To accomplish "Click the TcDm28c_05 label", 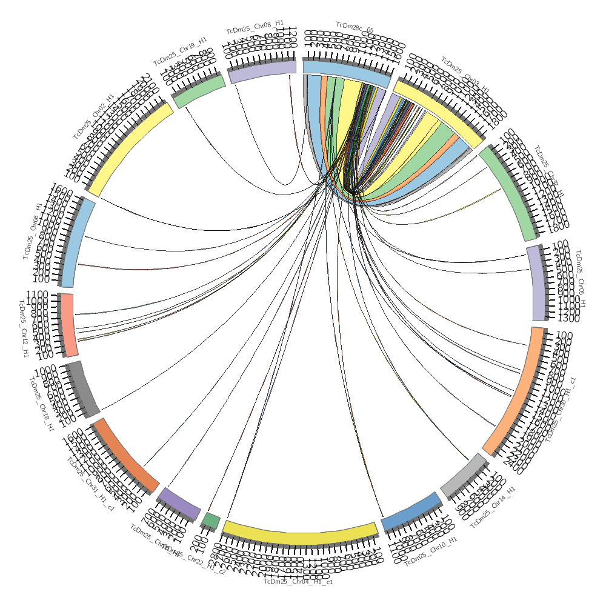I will [x=355, y=27].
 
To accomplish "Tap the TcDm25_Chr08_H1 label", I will [x=255, y=27].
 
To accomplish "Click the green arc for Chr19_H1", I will [x=201, y=89].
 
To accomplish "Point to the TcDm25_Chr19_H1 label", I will [x=180, y=50].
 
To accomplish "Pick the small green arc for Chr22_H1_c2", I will [x=211, y=520].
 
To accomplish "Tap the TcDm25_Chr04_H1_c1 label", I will [x=298, y=582].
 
